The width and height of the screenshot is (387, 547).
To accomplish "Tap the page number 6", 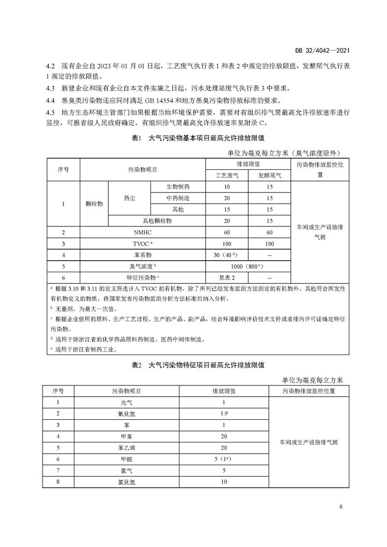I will coord(341,507).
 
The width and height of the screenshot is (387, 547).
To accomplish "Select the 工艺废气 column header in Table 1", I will coord(226,176).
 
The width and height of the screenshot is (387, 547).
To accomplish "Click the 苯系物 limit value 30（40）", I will coord(227,255).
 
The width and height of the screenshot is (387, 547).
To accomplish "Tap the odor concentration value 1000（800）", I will coord(248,266).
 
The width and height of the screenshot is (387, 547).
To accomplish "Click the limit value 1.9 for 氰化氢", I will coord(224,414).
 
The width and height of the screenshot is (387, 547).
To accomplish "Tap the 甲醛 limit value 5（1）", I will coord(224,459).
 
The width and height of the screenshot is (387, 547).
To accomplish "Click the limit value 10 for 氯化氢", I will coord(224,482).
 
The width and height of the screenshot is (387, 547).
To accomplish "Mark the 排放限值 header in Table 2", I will coord(224,390).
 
